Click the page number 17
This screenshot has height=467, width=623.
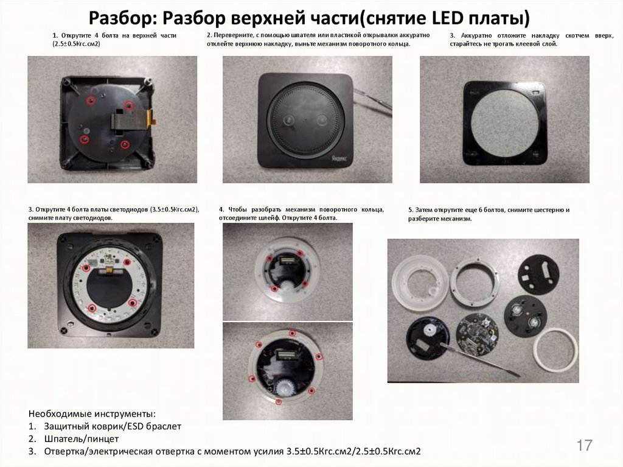(584, 445)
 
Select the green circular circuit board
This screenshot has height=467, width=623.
(478, 335)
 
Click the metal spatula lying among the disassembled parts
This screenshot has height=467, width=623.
(481, 359)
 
